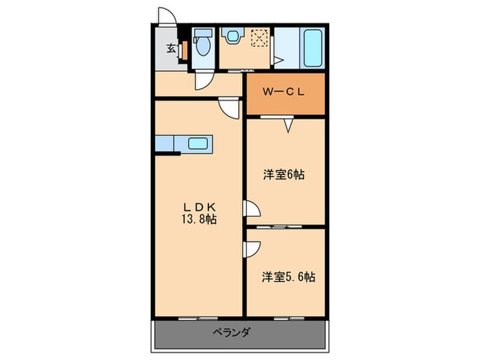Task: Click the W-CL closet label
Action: tap(284, 91)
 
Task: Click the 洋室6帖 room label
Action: tap(284, 174)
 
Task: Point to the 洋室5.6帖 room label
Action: tap(288, 278)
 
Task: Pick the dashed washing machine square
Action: tap(260, 37)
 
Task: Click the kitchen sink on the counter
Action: tap(197, 143)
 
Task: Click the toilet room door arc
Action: tap(203, 82)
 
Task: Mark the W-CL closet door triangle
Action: tap(287, 125)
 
